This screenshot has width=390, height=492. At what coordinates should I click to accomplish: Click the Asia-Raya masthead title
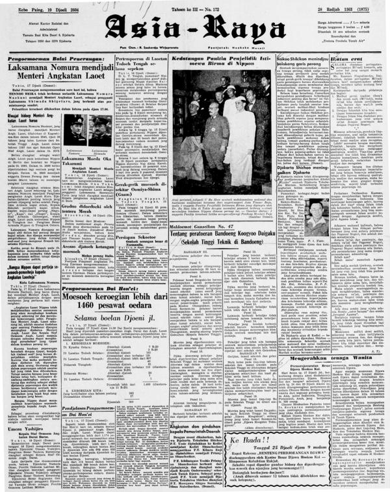click(x=194, y=27)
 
